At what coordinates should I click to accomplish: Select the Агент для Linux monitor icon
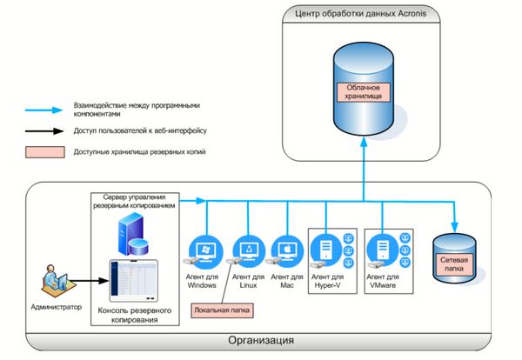point(249,250)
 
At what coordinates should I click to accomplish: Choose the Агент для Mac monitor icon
point(285,250)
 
